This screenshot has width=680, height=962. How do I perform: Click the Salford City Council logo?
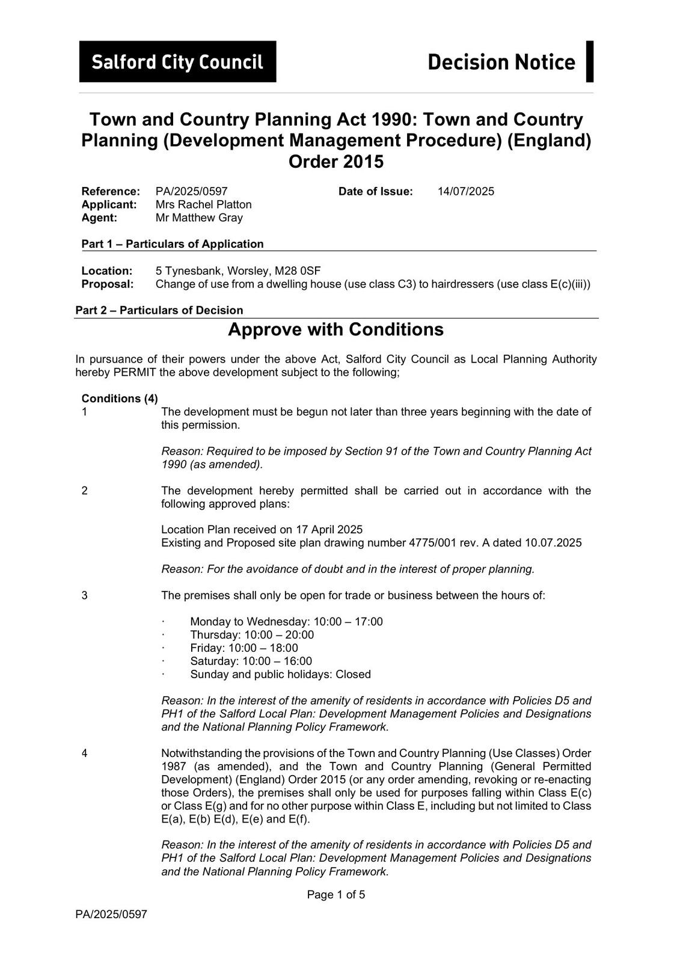point(177,61)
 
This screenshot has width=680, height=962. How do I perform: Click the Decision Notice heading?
point(501,62)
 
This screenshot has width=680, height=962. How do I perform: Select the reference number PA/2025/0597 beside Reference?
point(191,191)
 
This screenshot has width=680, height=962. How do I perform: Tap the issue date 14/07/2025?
point(465,191)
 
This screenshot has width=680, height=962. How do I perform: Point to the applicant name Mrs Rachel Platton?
point(203,204)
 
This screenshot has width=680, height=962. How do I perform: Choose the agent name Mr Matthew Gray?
point(199,218)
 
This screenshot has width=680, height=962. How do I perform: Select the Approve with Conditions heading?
point(335,329)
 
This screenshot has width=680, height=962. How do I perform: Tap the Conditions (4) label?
point(120,399)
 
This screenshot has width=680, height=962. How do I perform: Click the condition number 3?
point(85,595)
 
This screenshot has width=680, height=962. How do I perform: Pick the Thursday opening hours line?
point(251,635)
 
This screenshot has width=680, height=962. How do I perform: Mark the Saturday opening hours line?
point(251,661)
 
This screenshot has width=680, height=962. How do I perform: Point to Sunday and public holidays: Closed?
point(280,674)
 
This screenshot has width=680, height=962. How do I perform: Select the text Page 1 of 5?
point(335,895)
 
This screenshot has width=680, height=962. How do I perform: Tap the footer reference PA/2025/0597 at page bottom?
point(111,915)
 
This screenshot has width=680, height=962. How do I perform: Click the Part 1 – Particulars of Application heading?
point(173,244)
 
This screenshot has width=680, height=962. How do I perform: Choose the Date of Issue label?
point(376,191)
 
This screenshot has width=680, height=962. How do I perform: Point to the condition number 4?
point(85,753)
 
